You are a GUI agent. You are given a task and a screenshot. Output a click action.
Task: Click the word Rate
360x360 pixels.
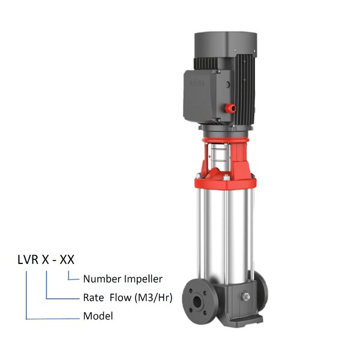93,297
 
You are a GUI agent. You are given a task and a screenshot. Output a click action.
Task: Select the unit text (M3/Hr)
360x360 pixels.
154,297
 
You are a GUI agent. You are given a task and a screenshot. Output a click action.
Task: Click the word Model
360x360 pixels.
98,316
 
